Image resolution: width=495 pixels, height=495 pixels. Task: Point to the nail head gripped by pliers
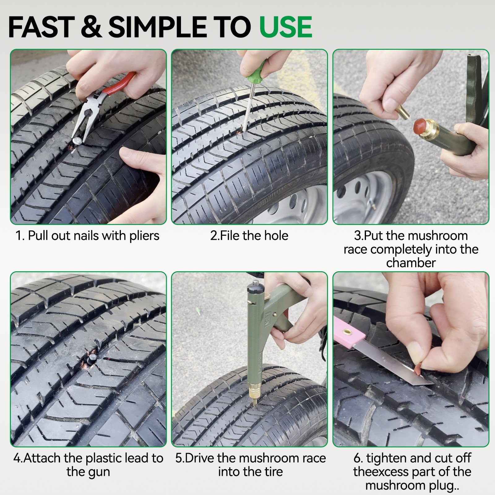[77, 141]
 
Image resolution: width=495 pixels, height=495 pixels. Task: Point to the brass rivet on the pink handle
[346, 333]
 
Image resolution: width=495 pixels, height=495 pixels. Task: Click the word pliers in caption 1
[144, 236]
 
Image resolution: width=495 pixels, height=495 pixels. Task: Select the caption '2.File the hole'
[249, 236]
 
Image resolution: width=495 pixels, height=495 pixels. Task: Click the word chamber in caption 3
[411, 263]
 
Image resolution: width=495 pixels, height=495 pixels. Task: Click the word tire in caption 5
[273, 472]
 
